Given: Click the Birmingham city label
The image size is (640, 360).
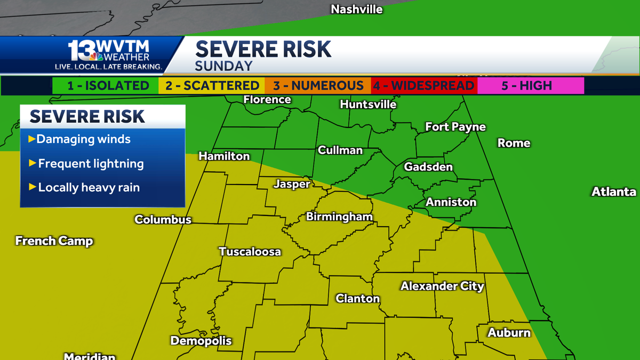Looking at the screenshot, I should point(339,217).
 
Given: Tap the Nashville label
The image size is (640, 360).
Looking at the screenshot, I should point(357,9).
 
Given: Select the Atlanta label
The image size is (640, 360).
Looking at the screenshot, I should point(613,192).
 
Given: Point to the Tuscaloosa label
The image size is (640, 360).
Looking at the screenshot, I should point(250,252).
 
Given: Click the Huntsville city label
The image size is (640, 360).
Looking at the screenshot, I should point(368,105).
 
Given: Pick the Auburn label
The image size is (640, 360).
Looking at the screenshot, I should point(509,333).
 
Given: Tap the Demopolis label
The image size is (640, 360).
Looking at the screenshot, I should point(201,340).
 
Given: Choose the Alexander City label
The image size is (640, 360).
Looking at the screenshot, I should point(442,286).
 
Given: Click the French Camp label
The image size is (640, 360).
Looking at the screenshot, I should point(54,241).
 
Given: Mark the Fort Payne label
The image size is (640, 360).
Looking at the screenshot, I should point(455,127).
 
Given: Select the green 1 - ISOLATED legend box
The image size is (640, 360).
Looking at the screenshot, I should point(106,85).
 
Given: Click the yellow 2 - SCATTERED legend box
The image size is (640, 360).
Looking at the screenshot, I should point(212,85).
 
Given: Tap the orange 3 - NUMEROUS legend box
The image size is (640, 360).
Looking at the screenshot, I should point(318,85).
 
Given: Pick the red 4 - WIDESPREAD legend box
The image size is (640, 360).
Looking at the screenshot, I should point(424,85).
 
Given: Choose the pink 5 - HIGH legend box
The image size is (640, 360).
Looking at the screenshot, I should point(530,85).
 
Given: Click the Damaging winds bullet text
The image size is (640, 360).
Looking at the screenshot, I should point(83,139).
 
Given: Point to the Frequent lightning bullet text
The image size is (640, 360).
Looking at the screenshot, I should point(91,164).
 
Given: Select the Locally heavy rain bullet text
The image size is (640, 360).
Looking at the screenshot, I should point(89,188).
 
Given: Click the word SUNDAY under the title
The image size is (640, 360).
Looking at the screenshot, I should point(223,66).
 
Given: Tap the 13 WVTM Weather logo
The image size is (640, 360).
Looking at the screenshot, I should point(109,54).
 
